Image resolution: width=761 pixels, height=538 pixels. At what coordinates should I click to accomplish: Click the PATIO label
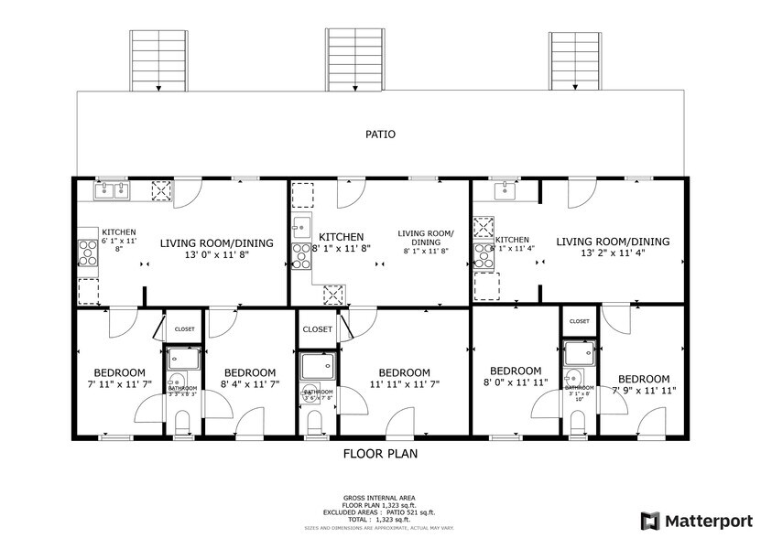click(380, 134)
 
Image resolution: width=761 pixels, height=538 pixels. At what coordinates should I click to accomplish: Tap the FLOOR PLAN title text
click(380, 453)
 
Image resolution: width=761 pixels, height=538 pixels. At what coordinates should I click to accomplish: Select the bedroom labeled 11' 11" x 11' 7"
click(404, 379)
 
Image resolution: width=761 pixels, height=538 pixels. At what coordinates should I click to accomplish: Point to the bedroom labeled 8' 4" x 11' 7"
click(250, 379)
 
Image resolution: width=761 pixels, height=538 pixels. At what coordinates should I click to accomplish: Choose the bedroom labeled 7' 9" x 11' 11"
click(643, 384)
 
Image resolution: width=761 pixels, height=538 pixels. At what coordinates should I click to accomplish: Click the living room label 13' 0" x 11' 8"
click(217, 249)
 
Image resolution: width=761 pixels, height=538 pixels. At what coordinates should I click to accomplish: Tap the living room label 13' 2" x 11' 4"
click(613, 247)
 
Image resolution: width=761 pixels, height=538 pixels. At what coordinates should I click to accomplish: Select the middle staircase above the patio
click(354, 59)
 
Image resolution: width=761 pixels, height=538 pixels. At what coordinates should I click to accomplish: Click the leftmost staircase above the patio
click(159, 59)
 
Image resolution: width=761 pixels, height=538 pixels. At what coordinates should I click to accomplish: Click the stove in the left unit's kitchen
click(88, 252)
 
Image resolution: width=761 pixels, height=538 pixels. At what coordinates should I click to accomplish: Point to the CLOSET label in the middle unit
click(318, 329)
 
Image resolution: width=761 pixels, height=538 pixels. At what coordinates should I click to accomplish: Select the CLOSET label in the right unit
click(580, 321)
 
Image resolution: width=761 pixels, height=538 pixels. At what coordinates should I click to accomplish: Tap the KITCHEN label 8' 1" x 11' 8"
click(341, 242)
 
